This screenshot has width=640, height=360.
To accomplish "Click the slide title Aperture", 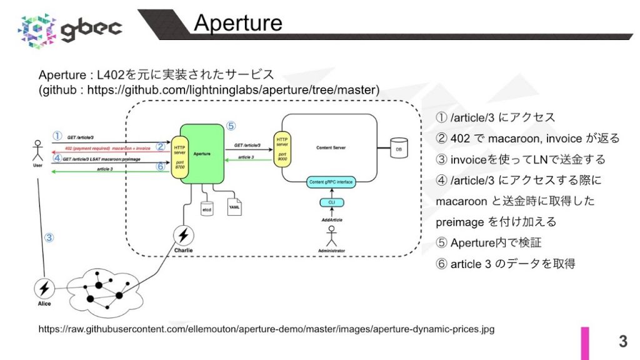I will (237, 22).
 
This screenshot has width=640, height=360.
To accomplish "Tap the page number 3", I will (622, 341).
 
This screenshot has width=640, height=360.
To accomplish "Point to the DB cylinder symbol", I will (396, 149).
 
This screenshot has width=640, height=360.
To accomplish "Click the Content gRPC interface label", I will (332, 182).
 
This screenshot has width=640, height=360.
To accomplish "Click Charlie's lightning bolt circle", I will (183, 235).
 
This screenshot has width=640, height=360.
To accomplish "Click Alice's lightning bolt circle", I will (44, 289).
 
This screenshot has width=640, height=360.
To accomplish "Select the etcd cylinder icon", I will (206, 207).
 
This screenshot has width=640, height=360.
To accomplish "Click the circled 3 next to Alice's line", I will (49, 237).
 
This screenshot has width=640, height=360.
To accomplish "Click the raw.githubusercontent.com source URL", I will (266, 329).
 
